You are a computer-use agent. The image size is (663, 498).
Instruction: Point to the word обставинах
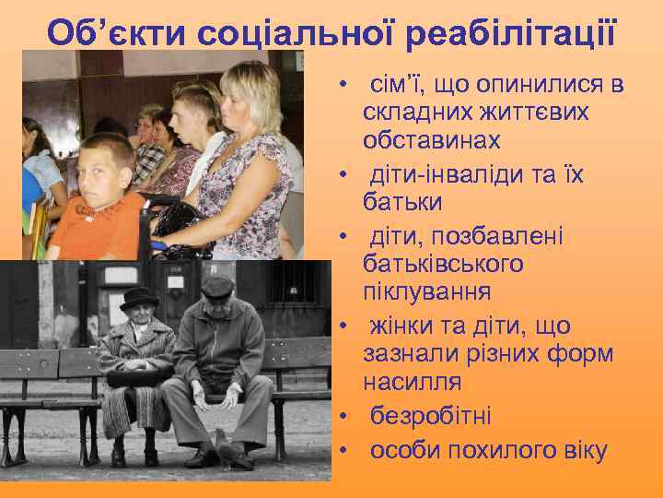pos(432,141)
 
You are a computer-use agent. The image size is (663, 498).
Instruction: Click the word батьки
pos(402,202)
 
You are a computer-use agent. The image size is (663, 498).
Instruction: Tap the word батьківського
pos(443,264)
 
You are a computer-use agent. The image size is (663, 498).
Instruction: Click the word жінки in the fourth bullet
pos(402,326)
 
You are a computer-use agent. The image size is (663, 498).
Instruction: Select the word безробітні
pos(431,416)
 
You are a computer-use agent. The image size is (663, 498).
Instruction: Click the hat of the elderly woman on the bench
pos(139,297)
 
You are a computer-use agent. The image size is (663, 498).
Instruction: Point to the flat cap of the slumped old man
pos(218,287)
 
